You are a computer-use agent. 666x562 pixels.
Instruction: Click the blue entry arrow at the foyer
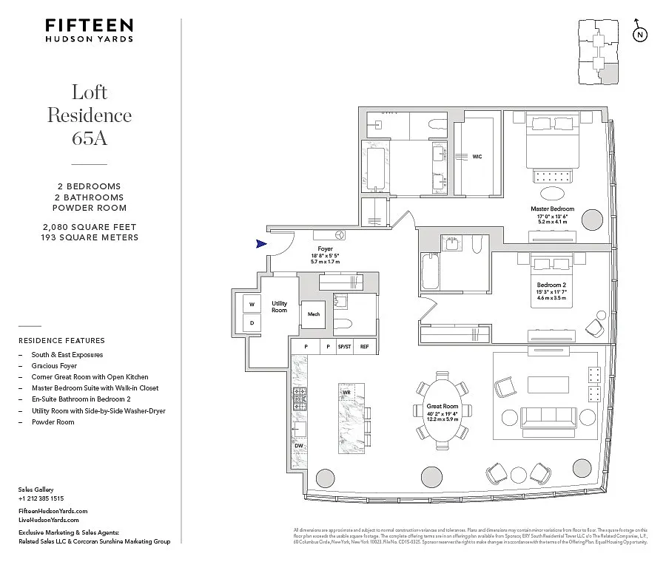pyautogui.click(x=261, y=243)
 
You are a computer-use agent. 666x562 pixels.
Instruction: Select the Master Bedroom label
pyautogui.click(x=552, y=209)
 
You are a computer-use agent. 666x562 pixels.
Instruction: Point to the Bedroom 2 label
pyautogui.click(x=551, y=285)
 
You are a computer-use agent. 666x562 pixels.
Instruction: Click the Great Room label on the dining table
pyautogui.click(x=443, y=407)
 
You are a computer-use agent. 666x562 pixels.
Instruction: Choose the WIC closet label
pyautogui.click(x=477, y=157)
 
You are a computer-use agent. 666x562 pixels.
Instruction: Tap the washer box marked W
pyautogui.click(x=252, y=304)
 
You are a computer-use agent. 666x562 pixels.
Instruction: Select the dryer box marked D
pyautogui.click(x=252, y=323)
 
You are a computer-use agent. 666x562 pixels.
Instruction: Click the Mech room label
pyautogui.click(x=314, y=314)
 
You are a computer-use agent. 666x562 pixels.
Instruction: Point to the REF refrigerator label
pyautogui.click(x=364, y=347)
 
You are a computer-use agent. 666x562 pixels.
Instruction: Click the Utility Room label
pyautogui.click(x=279, y=307)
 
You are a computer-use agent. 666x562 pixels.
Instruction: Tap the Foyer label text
pyautogui.click(x=325, y=249)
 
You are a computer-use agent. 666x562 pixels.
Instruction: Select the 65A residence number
pyautogui.click(x=90, y=138)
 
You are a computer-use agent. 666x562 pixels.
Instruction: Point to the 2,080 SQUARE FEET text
pyautogui.click(x=90, y=226)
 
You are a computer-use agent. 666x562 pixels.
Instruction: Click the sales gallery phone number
pyautogui.click(x=41, y=498)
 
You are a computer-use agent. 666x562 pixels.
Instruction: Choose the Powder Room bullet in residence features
pyautogui.click(x=53, y=421)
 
